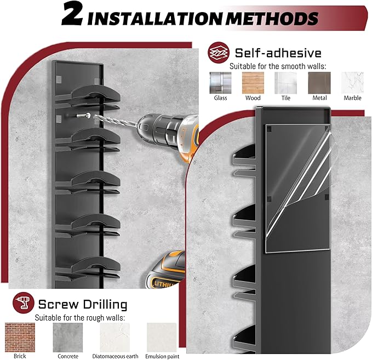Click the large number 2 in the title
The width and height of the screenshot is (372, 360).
[x=72, y=15]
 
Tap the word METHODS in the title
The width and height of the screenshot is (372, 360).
[x=272, y=18]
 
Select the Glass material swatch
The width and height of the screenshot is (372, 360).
[x=220, y=83]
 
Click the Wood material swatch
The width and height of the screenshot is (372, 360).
[x=253, y=83]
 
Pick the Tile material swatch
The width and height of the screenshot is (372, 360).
[x=285, y=83]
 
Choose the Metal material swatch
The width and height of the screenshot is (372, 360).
[x=319, y=83]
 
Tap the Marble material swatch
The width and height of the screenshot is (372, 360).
[x=352, y=83]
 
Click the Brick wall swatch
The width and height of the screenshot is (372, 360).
[x=20, y=337]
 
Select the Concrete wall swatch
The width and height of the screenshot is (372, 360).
[x=68, y=337]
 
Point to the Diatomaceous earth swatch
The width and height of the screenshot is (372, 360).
[x=115, y=337]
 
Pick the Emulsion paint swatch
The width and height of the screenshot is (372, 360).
[x=162, y=337]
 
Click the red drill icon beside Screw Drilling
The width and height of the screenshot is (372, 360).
[x=23, y=302]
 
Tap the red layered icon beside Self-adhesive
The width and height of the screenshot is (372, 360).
[x=219, y=53]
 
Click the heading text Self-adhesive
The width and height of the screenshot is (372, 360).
[x=278, y=53]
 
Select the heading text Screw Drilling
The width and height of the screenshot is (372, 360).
[x=83, y=304]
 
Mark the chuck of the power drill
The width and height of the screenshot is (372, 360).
[x=154, y=128]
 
